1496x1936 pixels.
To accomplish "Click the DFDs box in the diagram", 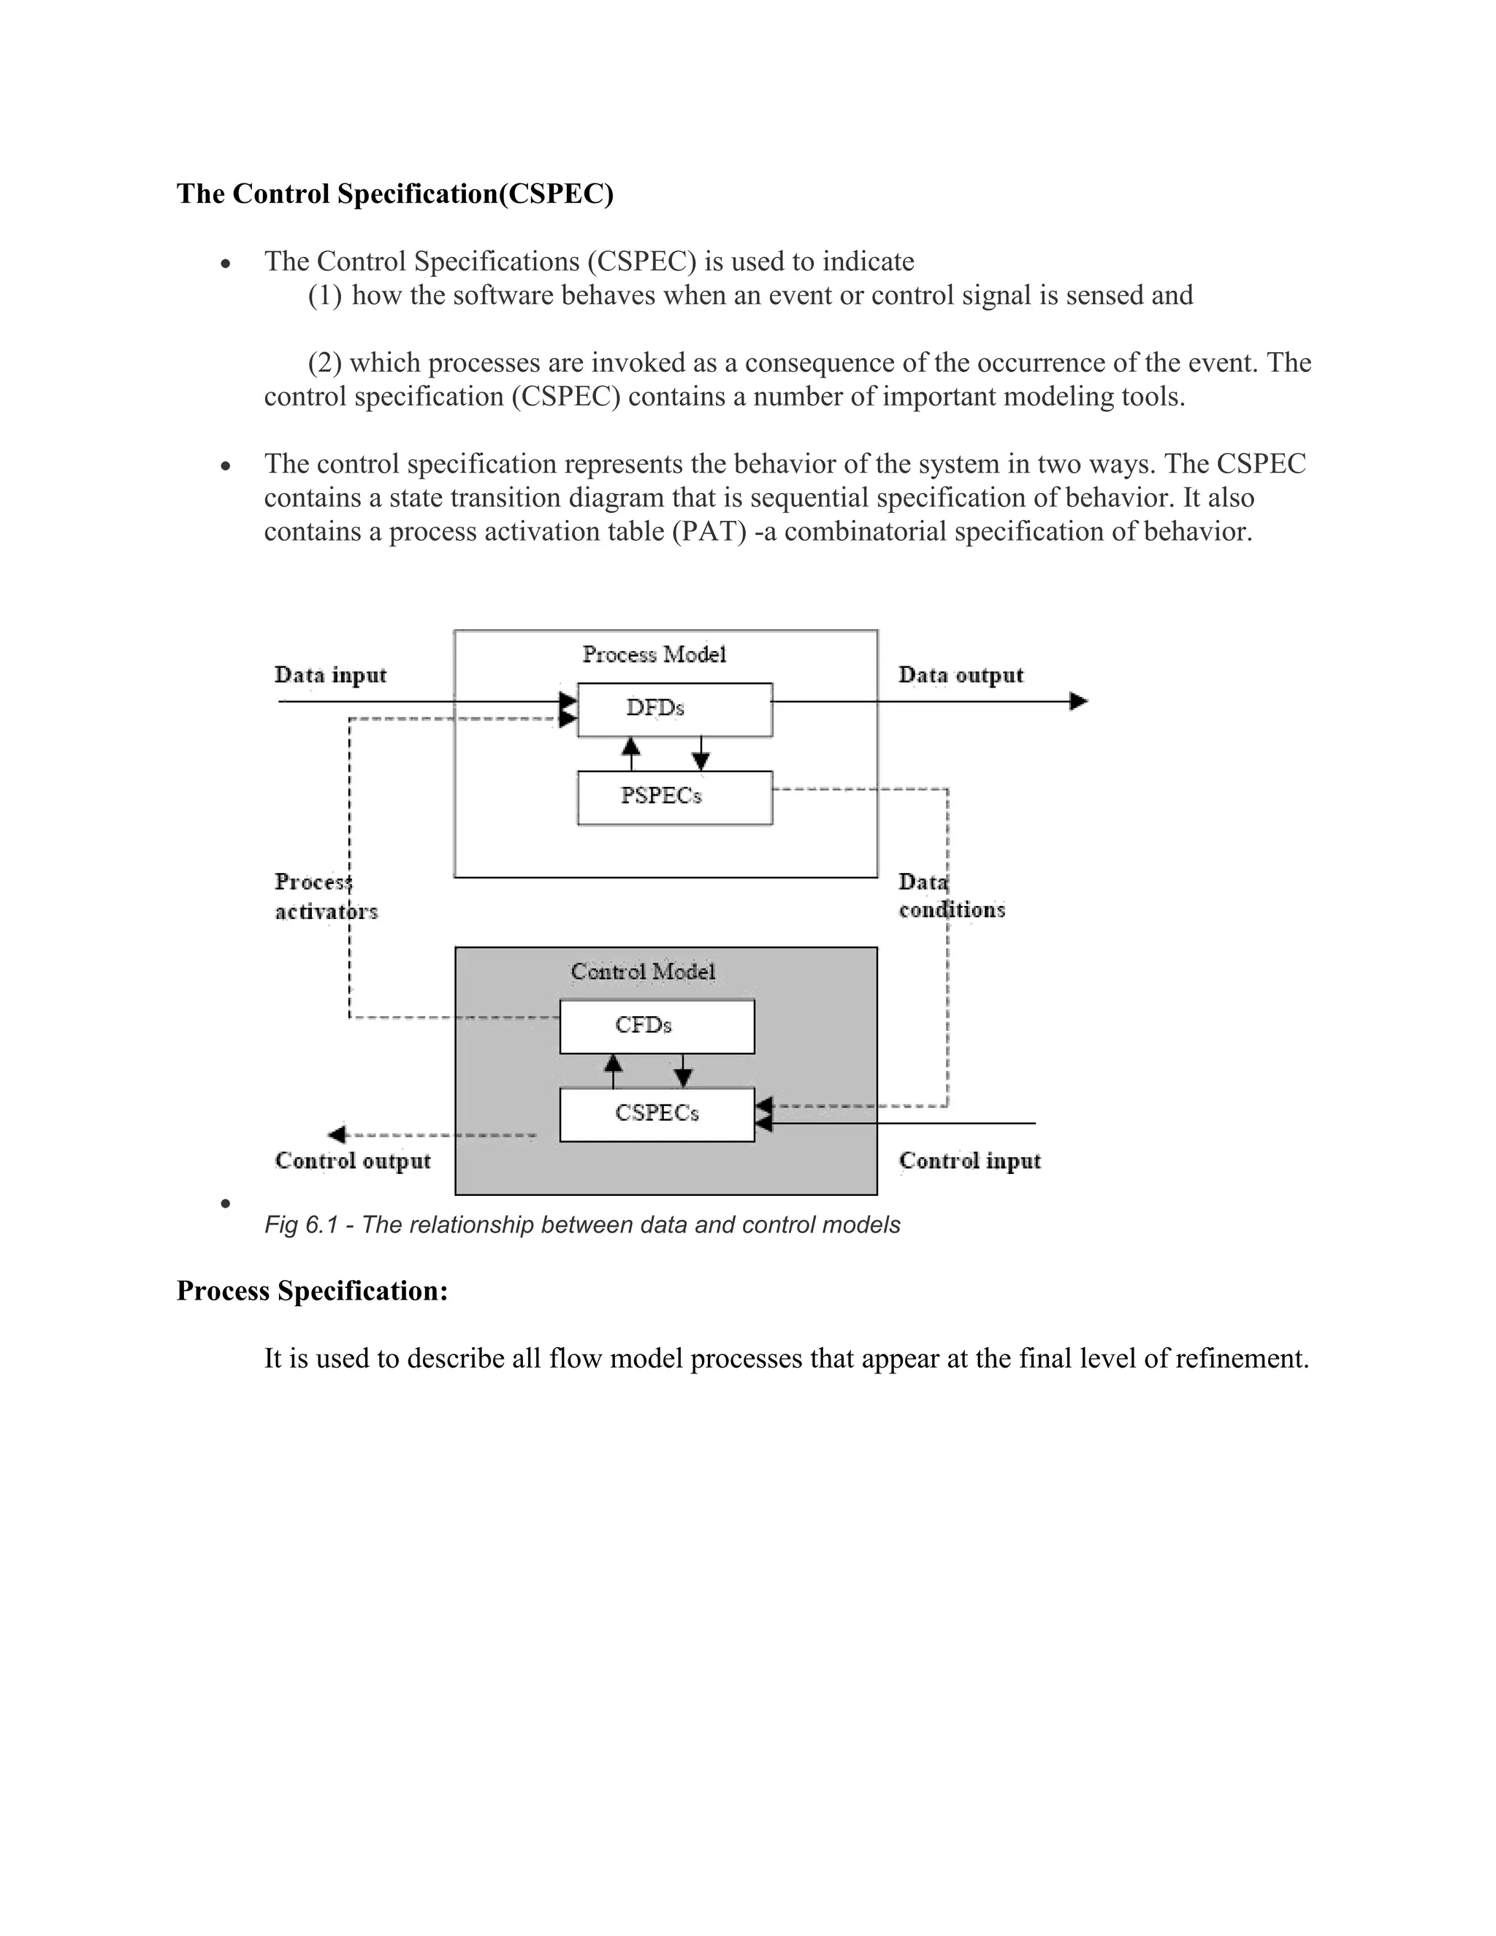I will (674, 709).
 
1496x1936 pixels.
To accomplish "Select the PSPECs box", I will (674, 797).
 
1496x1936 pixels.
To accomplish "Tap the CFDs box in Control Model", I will (657, 1026).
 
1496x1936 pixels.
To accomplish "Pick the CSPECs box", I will (657, 1114).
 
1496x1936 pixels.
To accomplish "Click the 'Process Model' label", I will (654, 654).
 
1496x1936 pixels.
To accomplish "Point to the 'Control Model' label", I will (643, 972).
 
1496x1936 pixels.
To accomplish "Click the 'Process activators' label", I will (325, 896).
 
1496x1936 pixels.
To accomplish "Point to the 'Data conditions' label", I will (951, 896).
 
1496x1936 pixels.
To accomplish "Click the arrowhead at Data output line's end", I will (1079, 701).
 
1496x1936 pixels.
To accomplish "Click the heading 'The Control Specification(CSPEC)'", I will (394, 194).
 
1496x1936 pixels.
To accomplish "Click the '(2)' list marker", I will (324, 362).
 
